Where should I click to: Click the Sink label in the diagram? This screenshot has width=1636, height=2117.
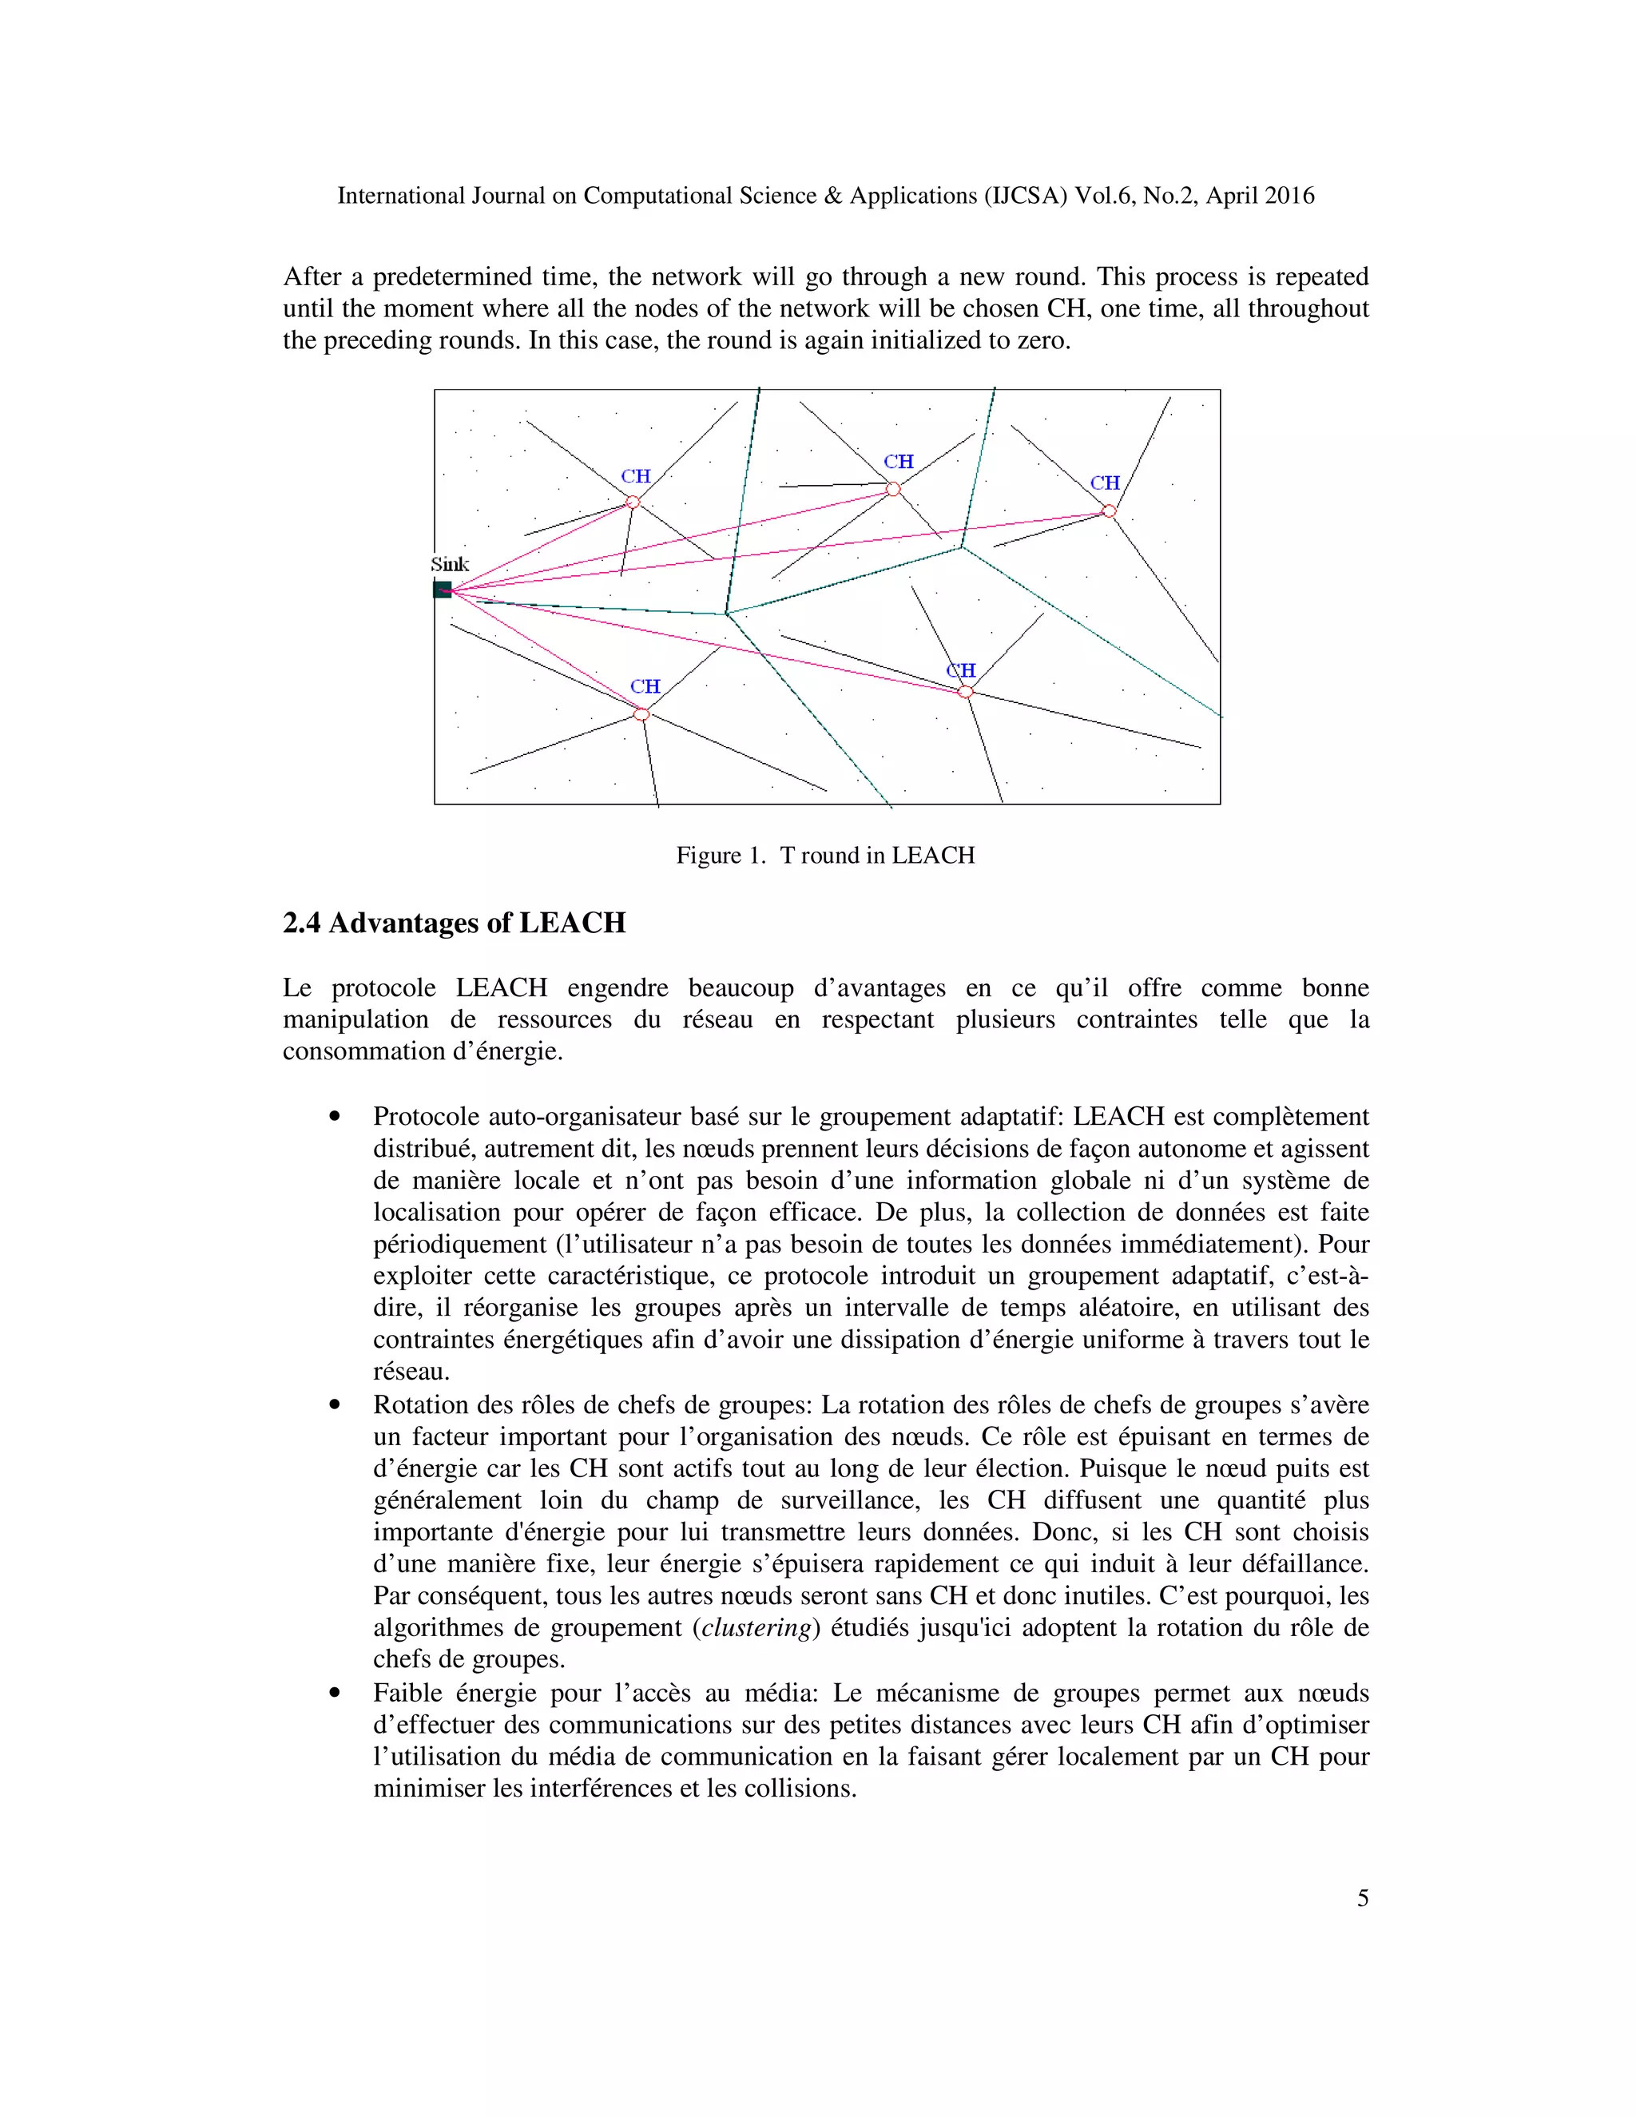point(450,564)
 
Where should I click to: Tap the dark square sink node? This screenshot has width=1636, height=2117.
point(442,590)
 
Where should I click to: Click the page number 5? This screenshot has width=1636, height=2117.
point(1363,1898)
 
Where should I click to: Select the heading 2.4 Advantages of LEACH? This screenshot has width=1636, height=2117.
point(454,923)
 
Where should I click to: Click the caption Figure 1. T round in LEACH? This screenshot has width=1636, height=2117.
point(824,855)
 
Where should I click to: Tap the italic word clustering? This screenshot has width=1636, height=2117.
point(756,1627)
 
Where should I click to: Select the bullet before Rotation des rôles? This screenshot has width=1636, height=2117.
point(336,1405)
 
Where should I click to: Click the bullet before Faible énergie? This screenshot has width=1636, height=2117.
point(336,1694)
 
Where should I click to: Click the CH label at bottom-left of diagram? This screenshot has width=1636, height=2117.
point(645,687)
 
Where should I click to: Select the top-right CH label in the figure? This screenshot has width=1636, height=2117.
point(1105,483)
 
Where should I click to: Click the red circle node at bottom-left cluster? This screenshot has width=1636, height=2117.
point(641,714)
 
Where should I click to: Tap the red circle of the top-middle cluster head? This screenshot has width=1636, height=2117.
point(894,490)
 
